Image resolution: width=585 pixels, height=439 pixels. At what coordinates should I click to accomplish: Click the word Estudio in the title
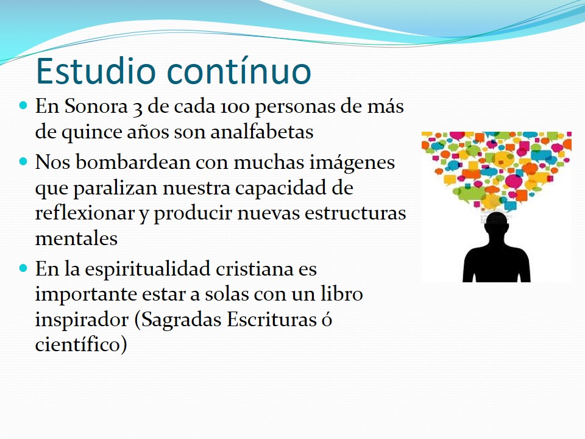pyautogui.click(x=96, y=71)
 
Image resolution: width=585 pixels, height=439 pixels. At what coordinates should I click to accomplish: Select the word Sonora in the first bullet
pyautogui.click(x=96, y=106)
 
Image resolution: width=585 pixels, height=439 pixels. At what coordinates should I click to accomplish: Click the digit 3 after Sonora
pyautogui.click(x=137, y=109)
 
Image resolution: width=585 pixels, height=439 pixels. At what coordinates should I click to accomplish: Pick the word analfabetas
pyautogui.click(x=262, y=132)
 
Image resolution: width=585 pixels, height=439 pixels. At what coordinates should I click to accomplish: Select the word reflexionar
pyautogui.click(x=85, y=213)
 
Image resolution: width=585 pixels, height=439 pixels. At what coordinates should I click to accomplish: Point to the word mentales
pyautogui.click(x=76, y=238)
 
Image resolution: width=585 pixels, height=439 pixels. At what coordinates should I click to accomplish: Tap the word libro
pyautogui.click(x=342, y=294)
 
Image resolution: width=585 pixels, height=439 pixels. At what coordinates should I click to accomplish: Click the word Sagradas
pyautogui.click(x=181, y=320)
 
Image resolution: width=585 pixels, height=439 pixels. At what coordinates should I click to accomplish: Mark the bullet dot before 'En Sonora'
pyautogui.click(x=24, y=105)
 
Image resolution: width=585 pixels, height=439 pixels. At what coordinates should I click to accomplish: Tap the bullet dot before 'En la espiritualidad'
pyautogui.click(x=24, y=268)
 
